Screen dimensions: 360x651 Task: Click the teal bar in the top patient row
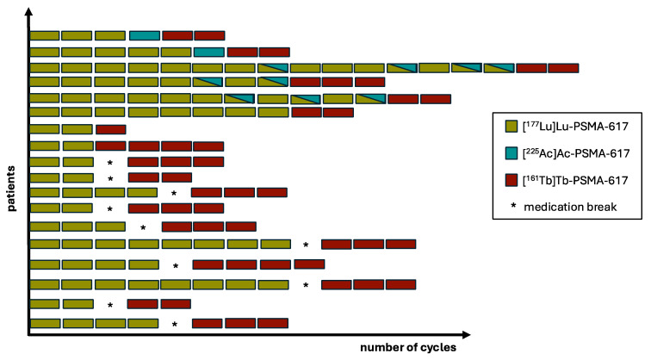click(x=145, y=35)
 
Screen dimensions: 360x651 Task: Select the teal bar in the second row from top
click(x=209, y=52)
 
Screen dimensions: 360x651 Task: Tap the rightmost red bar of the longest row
click(x=563, y=68)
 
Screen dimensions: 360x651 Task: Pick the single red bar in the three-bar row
click(x=110, y=129)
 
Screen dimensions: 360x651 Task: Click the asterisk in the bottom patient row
click(x=175, y=325)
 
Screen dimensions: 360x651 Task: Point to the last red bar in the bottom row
click(x=273, y=324)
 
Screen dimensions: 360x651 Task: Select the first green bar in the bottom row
click(x=45, y=324)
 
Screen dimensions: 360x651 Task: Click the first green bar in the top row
click(x=45, y=35)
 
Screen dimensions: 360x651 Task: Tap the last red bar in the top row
click(x=209, y=35)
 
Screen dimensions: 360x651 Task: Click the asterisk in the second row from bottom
click(x=110, y=305)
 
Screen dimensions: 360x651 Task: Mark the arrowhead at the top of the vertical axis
click(x=29, y=10)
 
